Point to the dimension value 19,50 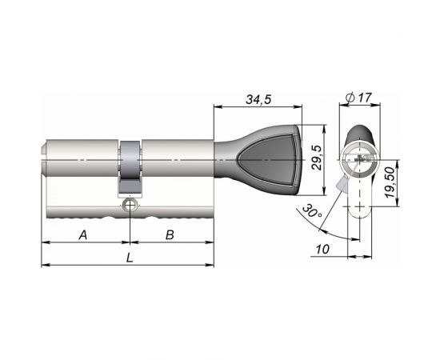coord(390,184)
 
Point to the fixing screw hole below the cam coord(129,206)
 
